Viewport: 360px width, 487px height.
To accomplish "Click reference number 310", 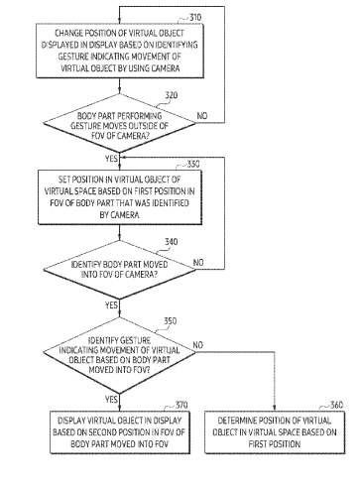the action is (195, 17).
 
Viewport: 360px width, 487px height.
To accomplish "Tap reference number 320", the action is (172, 95).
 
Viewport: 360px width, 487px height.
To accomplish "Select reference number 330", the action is (193, 164).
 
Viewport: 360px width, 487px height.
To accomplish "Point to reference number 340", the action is (172, 242).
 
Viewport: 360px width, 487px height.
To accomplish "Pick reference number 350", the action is (171, 321).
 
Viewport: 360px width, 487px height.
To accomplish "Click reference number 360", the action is (336, 405).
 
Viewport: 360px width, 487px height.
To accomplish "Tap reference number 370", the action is (181, 405).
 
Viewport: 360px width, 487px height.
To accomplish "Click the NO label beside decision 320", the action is (202, 116).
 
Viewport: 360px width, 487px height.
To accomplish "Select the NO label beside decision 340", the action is (198, 263).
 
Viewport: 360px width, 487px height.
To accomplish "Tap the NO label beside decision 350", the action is (198, 345).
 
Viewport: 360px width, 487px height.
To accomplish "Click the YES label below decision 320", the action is (111, 159).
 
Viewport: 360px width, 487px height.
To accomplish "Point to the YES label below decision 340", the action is (111, 304).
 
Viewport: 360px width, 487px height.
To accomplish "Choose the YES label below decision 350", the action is (111, 400).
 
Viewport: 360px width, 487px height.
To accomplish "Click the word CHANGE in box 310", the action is (68, 33).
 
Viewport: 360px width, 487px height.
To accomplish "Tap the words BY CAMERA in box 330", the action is (119, 215).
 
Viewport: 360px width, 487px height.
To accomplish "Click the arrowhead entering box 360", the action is (274, 408).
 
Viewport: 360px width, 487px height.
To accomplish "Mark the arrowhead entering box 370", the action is (119, 408).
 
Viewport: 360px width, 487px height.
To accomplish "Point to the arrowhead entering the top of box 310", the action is (119, 21).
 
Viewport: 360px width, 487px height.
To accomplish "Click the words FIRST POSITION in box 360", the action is (275, 443).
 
